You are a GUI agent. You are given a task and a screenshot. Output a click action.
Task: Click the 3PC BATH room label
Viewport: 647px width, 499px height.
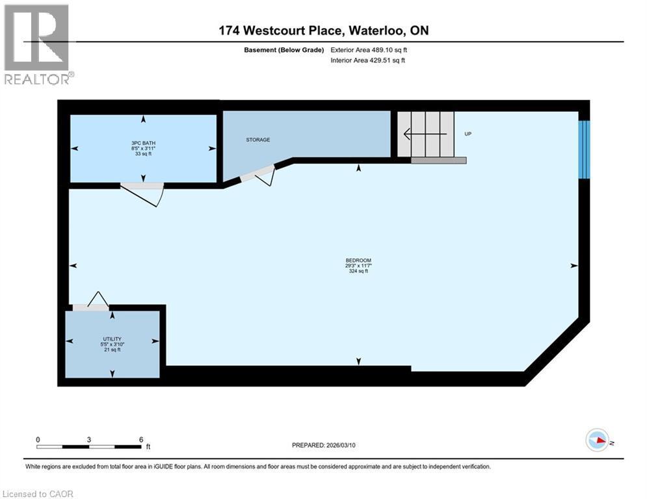[144, 143]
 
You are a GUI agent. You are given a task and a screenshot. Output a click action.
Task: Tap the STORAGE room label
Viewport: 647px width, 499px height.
[258, 140]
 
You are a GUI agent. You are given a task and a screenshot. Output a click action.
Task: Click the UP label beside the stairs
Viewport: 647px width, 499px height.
[468, 134]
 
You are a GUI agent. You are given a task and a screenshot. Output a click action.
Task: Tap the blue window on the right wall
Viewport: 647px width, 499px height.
[584, 149]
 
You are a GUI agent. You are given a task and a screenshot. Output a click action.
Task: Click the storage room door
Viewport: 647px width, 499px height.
[259, 173]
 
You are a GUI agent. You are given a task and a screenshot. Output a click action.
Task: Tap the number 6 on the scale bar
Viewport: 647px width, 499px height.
[140, 439]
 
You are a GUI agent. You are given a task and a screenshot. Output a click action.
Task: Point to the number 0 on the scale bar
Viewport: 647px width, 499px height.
[38, 439]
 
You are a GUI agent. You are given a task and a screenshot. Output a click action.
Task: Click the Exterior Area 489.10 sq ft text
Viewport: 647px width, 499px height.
[369, 49]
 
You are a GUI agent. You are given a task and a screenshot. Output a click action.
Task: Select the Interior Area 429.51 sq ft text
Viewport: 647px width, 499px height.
[369, 60]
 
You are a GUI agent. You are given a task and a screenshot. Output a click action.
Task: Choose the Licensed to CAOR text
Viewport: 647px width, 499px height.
[39, 494]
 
